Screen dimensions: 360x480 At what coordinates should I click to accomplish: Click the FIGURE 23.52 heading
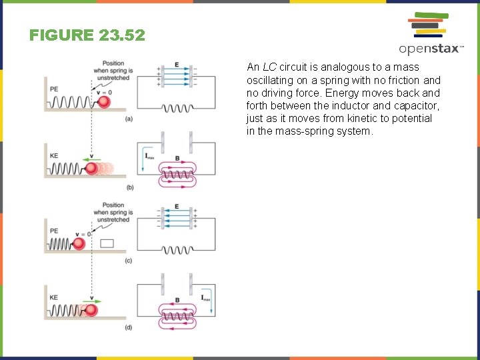pyautogui.click(x=87, y=35)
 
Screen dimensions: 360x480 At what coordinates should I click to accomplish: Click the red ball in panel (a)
pyautogui.click(x=104, y=102)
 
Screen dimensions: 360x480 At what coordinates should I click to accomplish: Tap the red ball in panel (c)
pyautogui.click(x=79, y=243)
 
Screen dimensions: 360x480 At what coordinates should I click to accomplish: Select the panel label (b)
pyautogui.click(x=129, y=187)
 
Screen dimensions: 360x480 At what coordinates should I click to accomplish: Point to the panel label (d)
pyautogui.click(x=129, y=327)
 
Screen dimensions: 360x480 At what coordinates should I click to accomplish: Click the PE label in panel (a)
pyautogui.click(x=54, y=88)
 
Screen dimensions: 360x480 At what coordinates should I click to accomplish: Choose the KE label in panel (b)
pyautogui.click(x=54, y=156)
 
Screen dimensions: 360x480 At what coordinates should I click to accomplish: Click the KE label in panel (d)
pyautogui.click(x=54, y=297)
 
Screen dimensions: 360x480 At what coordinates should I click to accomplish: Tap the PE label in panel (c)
pyautogui.click(x=54, y=231)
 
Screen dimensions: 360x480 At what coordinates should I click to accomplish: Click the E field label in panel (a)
pyautogui.click(x=177, y=65)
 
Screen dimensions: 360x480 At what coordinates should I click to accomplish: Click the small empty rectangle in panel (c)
pyautogui.click(x=107, y=243)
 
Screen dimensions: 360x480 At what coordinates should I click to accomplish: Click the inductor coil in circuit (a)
pyautogui.click(x=177, y=108)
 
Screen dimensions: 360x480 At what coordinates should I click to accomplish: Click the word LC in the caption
pyautogui.click(x=269, y=67)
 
